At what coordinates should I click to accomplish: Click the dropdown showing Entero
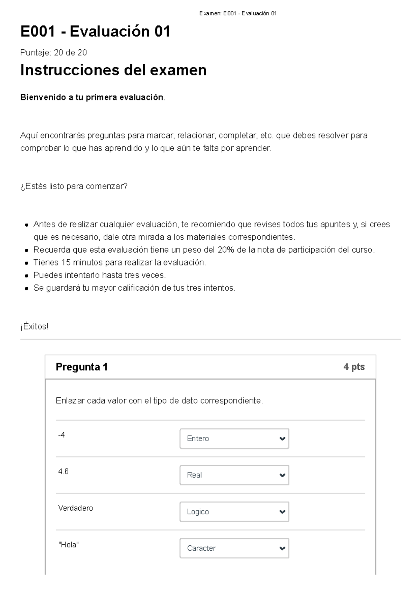click(234, 439)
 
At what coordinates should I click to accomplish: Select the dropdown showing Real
click(234, 475)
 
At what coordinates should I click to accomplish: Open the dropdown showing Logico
click(234, 512)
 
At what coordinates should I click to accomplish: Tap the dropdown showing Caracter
click(234, 548)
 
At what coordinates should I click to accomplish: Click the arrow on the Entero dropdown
click(282, 439)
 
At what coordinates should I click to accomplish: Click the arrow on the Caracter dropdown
click(282, 548)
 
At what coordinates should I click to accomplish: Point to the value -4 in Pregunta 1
click(62, 435)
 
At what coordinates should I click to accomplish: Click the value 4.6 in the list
click(63, 472)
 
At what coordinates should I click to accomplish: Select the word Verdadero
click(76, 508)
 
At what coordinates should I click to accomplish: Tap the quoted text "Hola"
click(69, 545)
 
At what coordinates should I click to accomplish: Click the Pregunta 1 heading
click(82, 367)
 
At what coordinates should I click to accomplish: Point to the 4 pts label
click(354, 367)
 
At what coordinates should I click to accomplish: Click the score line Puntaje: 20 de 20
click(54, 52)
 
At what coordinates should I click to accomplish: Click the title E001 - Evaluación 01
click(95, 32)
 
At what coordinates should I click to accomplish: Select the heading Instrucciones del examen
click(113, 70)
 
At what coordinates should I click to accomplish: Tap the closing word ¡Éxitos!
click(34, 327)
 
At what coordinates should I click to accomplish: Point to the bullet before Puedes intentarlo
click(26, 276)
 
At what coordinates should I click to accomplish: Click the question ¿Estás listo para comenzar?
click(74, 186)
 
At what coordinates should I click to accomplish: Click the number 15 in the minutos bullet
click(66, 262)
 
